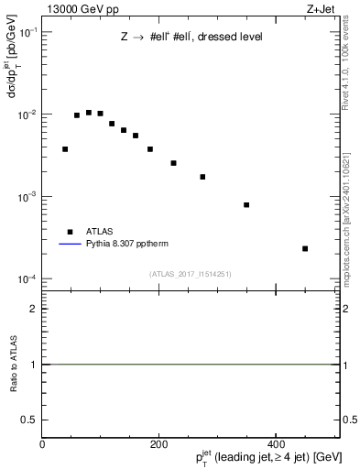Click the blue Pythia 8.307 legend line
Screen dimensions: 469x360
(69, 245)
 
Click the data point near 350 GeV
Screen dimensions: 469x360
(246, 204)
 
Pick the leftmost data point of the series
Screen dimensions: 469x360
(65, 148)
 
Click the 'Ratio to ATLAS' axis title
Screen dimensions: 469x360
(14, 364)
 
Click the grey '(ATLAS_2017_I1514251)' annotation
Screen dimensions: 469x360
(191, 273)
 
